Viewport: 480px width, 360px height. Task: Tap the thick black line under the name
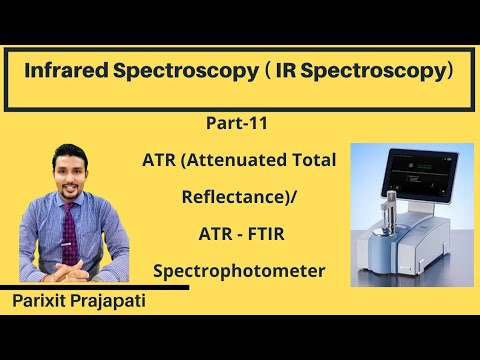(x=95, y=288)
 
